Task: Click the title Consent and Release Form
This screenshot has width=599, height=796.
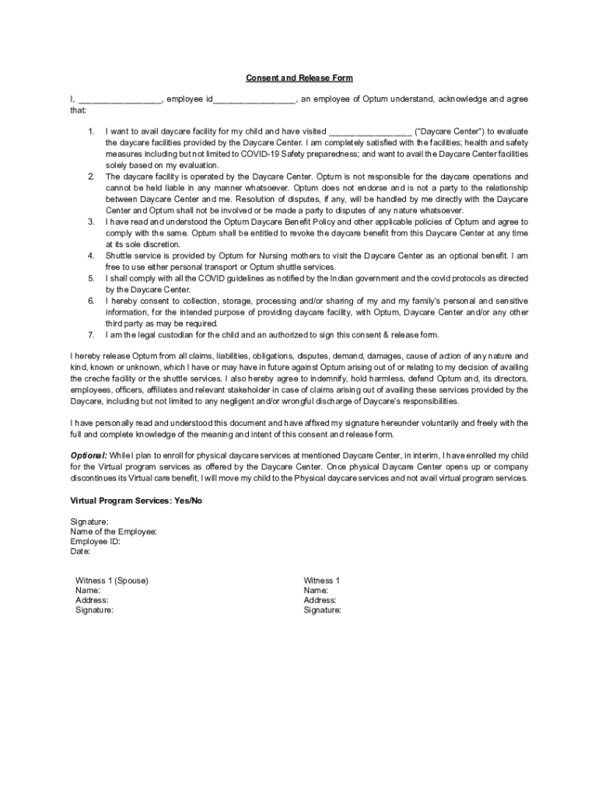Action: click(299, 78)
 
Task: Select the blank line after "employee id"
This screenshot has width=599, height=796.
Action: click(254, 99)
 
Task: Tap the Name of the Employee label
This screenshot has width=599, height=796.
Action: click(114, 532)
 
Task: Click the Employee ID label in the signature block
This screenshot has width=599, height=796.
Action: click(95, 542)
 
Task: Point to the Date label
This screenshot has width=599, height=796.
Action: click(80, 552)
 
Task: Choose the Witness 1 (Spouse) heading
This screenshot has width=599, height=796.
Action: click(112, 581)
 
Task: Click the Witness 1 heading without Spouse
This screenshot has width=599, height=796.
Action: click(321, 581)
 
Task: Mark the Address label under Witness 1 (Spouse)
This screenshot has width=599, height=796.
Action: click(92, 600)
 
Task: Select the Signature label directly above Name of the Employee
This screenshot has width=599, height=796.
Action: click(89, 522)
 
